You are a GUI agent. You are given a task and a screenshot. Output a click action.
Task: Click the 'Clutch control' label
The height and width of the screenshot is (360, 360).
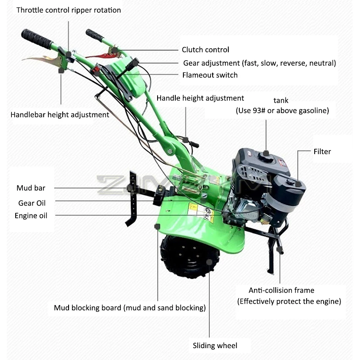(x=205, y=50)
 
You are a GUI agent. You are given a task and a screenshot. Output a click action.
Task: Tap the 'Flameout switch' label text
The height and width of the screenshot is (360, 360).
(x=210, y=75)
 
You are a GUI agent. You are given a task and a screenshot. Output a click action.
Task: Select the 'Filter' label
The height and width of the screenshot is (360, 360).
(x=322, y=151)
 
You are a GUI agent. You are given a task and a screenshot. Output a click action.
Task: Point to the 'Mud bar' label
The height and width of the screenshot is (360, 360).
(x=31, y=188)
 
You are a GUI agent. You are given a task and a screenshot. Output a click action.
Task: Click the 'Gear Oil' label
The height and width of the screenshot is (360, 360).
(x=32, y=203)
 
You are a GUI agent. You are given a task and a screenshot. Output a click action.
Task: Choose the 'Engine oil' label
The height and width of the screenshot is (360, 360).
(x=31, y=216)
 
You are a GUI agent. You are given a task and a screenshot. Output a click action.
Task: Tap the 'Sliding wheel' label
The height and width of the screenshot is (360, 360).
(x=215, y=346)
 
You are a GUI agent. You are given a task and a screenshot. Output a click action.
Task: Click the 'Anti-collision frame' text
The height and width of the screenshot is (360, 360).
(x=281, y=290)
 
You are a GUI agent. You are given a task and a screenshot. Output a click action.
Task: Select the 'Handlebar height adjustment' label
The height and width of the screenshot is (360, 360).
(x=60, y=114)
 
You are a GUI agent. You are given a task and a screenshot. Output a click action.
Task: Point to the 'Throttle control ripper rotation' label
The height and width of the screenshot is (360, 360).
(x=69, y=10)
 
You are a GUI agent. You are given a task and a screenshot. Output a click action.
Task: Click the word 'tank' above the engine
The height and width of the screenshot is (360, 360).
(x=281, y=100)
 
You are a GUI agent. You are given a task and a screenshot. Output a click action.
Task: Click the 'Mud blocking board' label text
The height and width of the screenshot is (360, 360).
(x=130, y=307)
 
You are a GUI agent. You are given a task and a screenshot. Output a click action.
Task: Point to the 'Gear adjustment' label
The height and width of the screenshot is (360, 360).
(x=259, y=63)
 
